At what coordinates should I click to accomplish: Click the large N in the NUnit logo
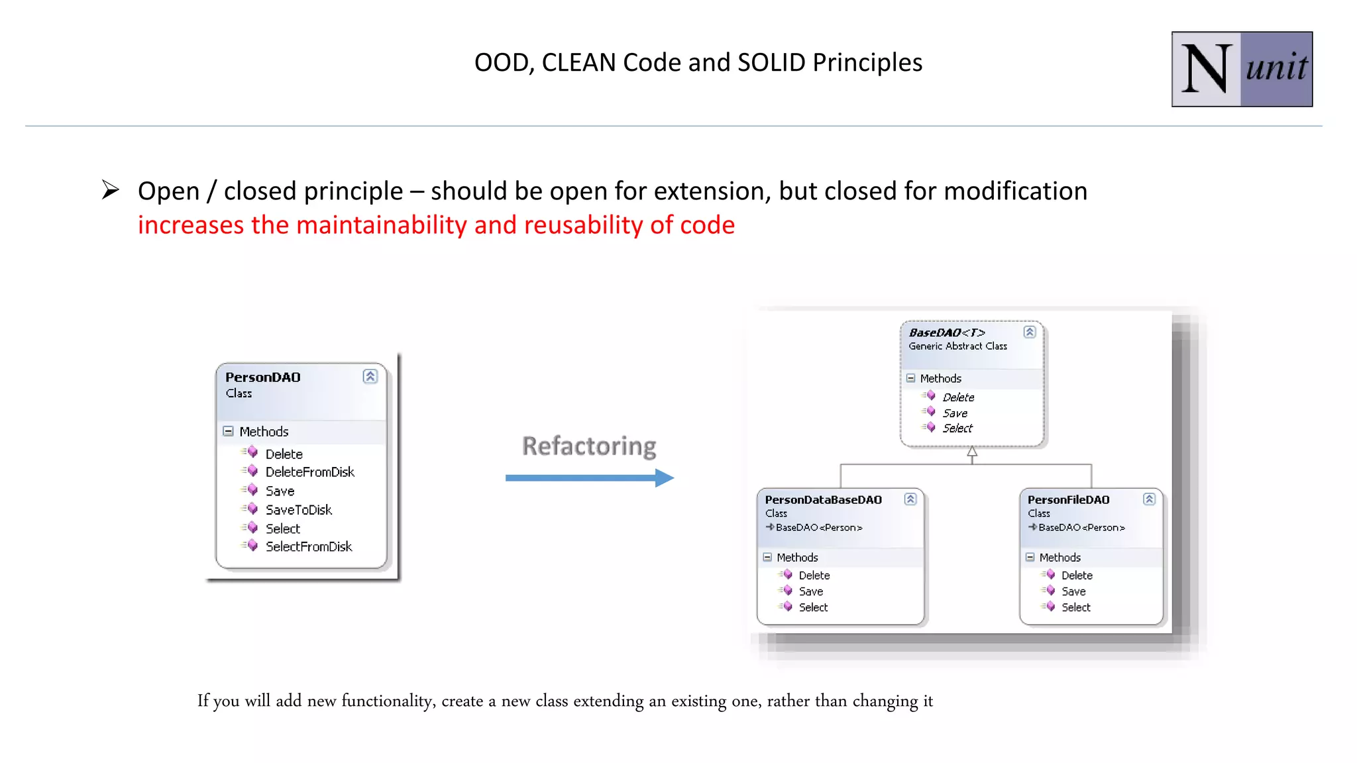click(1206, 69)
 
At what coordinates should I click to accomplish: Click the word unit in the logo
click(1276, 68)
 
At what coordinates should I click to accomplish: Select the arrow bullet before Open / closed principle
click(111, 190)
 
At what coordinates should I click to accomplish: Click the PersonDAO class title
click(263, 378)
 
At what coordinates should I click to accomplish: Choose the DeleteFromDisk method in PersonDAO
click(309, 472)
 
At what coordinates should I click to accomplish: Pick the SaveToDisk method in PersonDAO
click(298, 510)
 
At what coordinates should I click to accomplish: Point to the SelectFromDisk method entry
click(308, 547)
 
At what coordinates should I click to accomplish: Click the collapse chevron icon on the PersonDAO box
click(370, 377)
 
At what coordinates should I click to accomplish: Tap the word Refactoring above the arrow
click(589, 446)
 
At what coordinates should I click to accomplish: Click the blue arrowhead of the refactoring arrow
click(664, 478)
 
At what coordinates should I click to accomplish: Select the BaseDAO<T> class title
click(947, 332)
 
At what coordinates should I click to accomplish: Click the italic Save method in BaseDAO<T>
click(954, 413)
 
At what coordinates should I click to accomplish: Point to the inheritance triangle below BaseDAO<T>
click(972, 453)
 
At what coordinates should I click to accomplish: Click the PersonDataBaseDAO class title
click(823, 500)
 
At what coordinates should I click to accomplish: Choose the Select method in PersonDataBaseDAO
click(813, 607)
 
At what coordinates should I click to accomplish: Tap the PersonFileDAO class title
click(1068, 500)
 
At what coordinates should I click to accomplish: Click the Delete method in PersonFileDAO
click(1076, 576)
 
